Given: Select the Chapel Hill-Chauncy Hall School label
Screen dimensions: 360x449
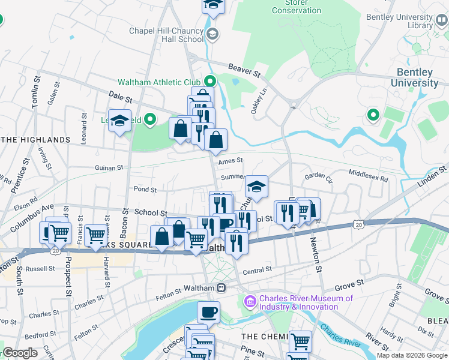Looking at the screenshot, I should coord(166,34).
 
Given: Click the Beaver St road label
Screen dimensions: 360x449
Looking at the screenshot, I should coord(245,71).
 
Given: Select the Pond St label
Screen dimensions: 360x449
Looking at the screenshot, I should coord(145,189).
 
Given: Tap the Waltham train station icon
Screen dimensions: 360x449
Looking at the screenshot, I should coord(221,288).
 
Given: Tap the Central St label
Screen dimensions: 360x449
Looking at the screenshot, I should coord(258,271).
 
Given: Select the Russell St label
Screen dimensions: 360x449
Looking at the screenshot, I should coord(41,269).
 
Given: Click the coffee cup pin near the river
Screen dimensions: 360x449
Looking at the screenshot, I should coord(208,312).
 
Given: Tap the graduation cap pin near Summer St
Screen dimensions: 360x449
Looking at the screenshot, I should coord(256,187).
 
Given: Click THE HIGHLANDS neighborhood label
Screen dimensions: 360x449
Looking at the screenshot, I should coord(36,140).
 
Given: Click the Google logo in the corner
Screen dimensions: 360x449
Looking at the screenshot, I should coord(20,353).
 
